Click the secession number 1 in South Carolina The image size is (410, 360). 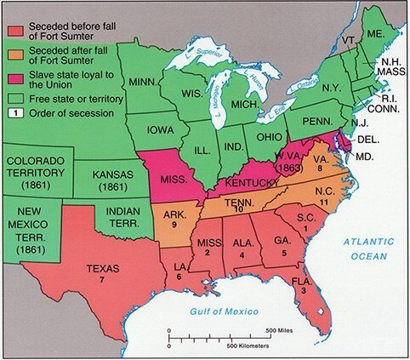(x=307, y=228)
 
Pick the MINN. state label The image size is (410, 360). (x=147, y=82)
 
